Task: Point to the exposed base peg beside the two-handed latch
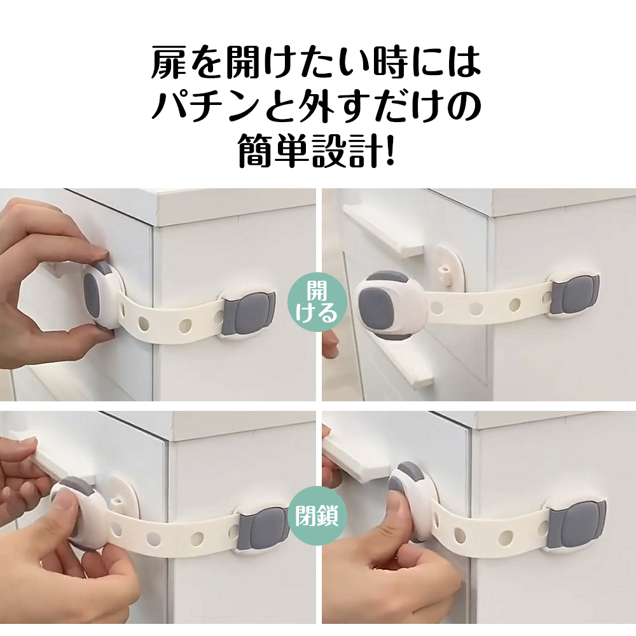pos(118,501)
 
